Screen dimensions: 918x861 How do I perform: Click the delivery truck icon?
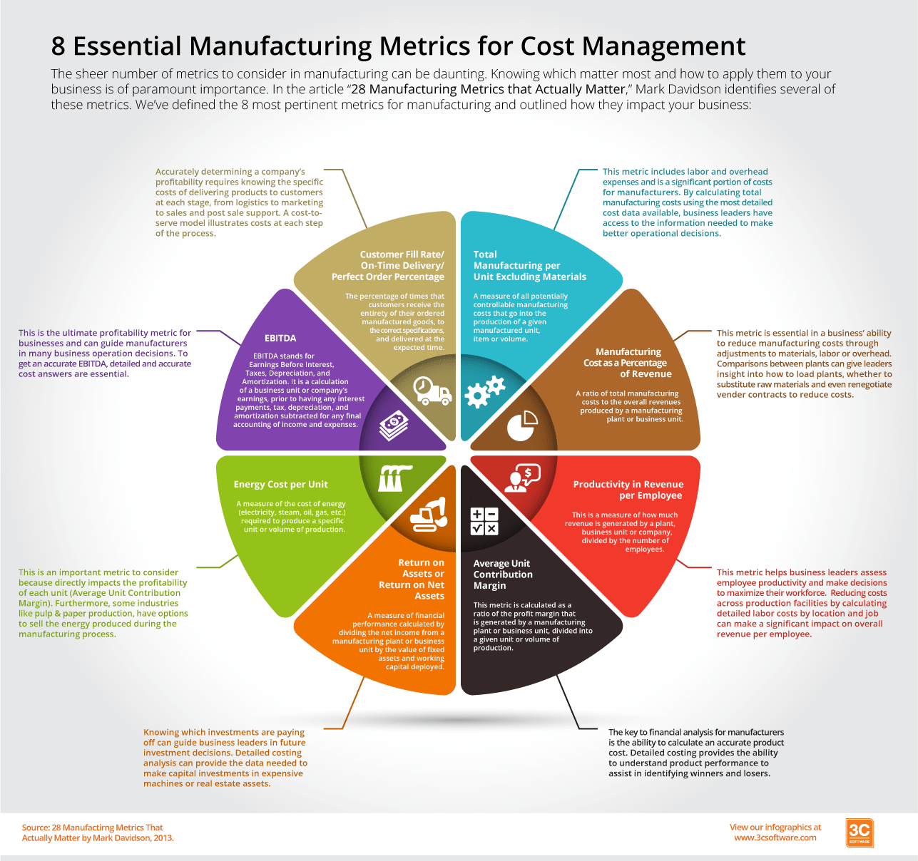click(432, 390)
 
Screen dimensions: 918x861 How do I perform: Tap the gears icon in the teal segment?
click(485, 391)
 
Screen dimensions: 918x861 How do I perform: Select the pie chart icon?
click(522, 425)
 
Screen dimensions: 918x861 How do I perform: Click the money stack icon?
click(394, 425)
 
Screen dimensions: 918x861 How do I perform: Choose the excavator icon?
click(429, 514)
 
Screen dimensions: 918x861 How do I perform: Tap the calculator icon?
click(484, 521)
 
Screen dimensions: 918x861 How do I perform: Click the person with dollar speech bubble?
click(521, 478)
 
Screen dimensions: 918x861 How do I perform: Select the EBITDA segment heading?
click(280, 339)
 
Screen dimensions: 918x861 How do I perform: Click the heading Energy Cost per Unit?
click(281, 485)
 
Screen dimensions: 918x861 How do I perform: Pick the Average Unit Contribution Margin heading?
click(503, 574)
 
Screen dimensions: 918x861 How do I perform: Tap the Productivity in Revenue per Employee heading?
click(628, 490)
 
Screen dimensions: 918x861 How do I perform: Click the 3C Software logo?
click(860, 832)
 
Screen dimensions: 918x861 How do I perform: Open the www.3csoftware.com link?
click(775, 838)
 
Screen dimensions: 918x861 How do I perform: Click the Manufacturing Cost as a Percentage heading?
click(626, 363)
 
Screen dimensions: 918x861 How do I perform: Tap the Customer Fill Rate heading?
click(389, 265)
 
